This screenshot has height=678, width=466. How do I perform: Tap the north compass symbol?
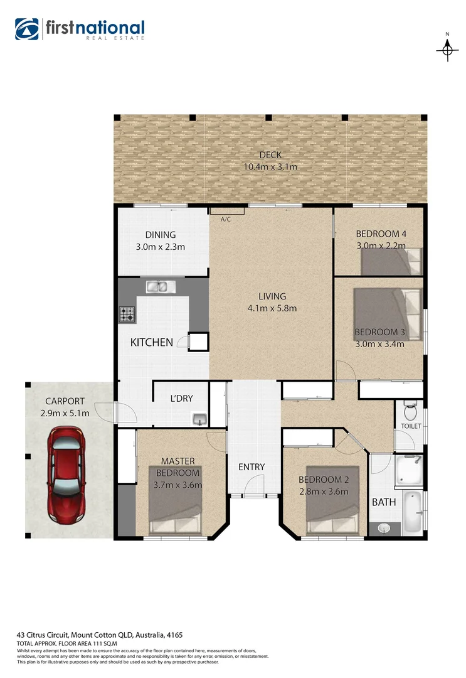(447, 48)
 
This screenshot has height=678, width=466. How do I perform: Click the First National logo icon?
(27, 29)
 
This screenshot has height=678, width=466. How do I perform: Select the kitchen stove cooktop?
(127, 315)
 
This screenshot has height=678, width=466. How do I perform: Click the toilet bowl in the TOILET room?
(411, 412)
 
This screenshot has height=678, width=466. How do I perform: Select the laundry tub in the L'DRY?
(199, 419)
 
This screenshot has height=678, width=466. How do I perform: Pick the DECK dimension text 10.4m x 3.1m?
(270, 167)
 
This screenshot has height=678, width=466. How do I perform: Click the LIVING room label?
(272, 296)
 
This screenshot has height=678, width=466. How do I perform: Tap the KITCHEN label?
(151, 342)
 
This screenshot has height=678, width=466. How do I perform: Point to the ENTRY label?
(252, 467)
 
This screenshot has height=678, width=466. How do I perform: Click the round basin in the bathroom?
(384, 529)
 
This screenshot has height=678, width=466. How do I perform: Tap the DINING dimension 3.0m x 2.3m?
(161, 247)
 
